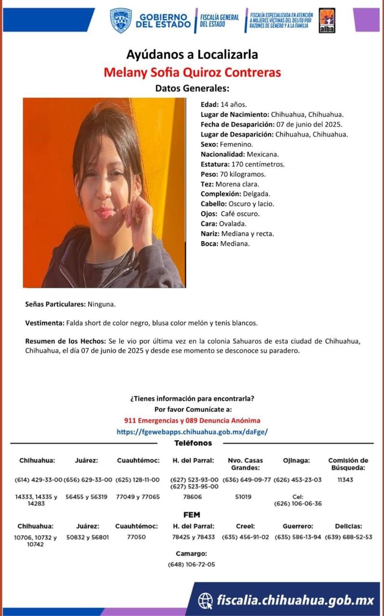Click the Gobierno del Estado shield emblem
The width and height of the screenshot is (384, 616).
pyautogui.click(x=120, y=20)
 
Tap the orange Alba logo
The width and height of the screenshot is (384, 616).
pyautogui.click(x=327, y=20)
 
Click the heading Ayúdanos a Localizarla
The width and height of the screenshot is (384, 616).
pyautogui.click(x=192, y=54)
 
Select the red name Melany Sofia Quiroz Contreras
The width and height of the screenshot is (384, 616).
pyautogui.click(x=192, y=73)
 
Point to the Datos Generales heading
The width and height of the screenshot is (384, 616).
pyautogui.click(x=192, y=89)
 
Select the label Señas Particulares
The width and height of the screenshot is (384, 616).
pyautogui.click(x=55, y=305)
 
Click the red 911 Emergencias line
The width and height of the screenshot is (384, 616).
pyautogui.click(x=192, y=420)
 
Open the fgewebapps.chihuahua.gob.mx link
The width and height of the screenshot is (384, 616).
pyautogui.click(x=192, y=432)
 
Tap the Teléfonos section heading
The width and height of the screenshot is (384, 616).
pyautogui.click(x=193, y=443)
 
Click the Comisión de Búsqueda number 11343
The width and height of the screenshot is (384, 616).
pyautogui.click(x=345, y=480)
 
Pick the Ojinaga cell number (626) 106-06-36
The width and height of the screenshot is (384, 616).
pyautogui.click(x=297, y=504)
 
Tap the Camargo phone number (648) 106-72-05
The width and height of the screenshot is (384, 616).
pyautogui.click(x=191, y=565)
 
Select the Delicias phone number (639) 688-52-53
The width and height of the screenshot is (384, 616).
pyautogui.click(x=348, y=537)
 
